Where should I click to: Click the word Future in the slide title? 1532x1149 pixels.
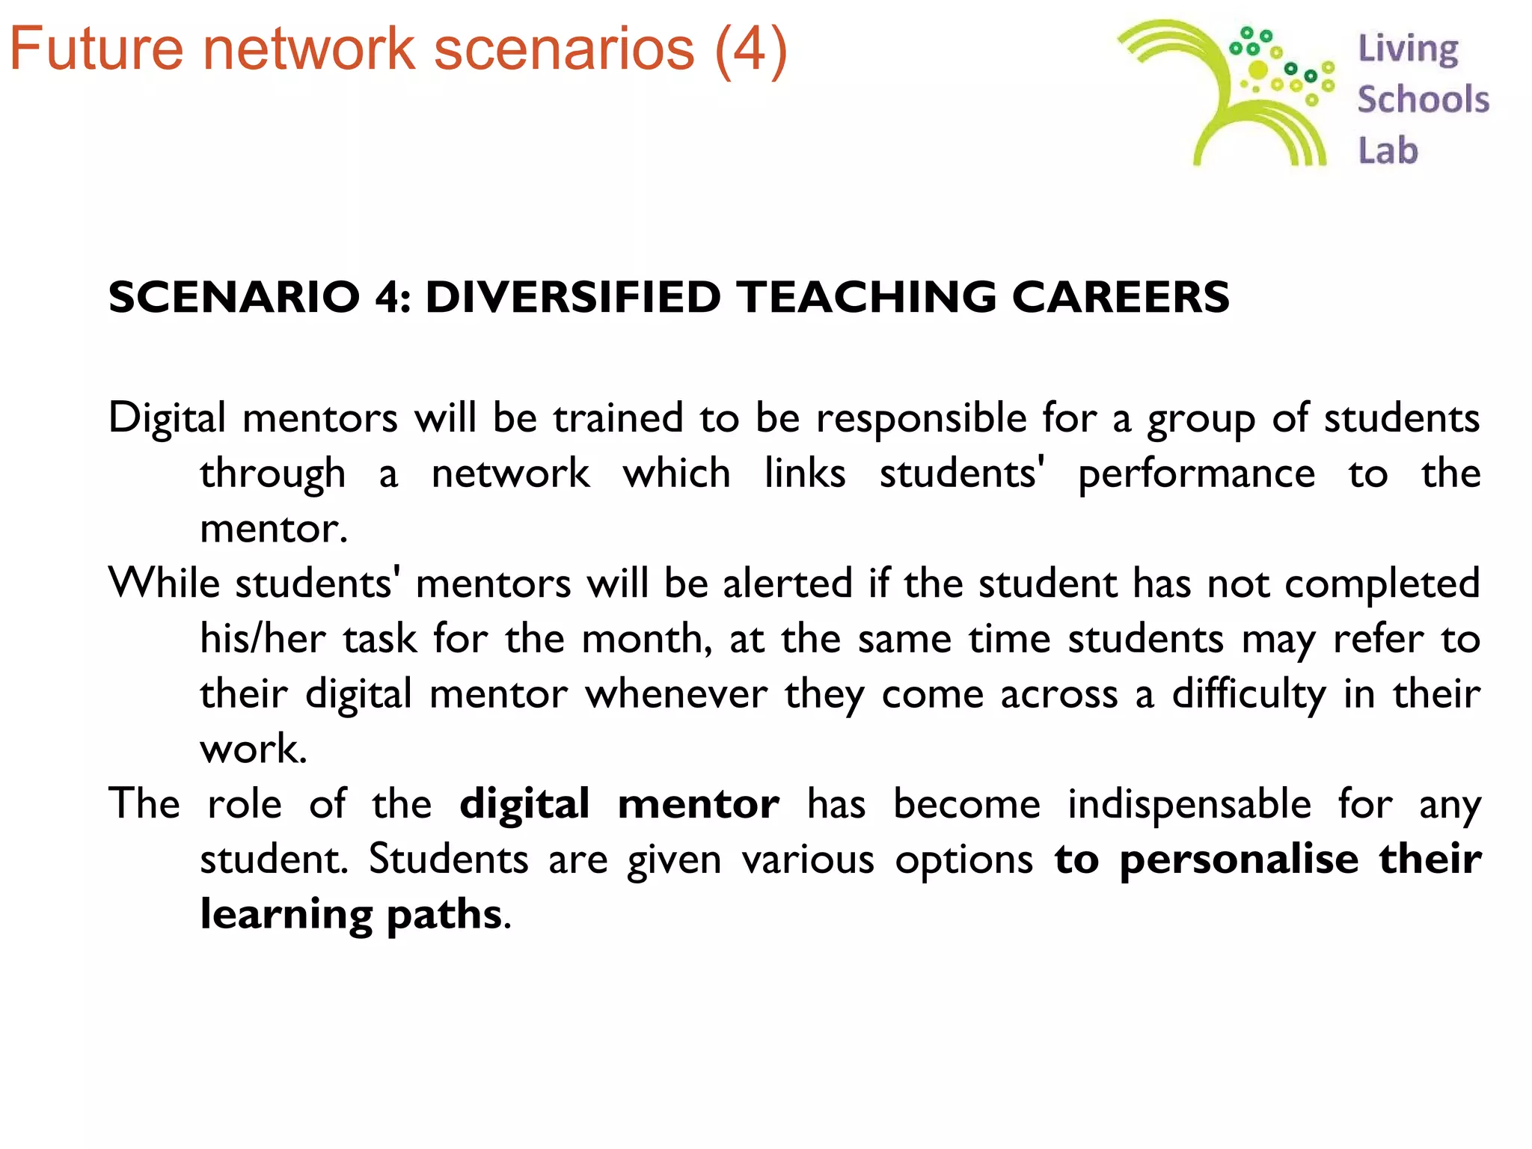click(96, 49)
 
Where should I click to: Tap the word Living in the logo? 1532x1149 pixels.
click(1408, 49)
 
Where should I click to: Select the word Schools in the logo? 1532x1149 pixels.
click(1423, 99)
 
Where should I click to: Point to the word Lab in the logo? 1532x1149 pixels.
click(1388, 150)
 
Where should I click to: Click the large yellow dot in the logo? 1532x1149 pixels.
click(1258, 70)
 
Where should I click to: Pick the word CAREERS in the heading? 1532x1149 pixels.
click(1120, 297)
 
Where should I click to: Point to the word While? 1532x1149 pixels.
click(164, 583)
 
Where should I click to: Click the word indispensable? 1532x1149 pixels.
click(1189, 805)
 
